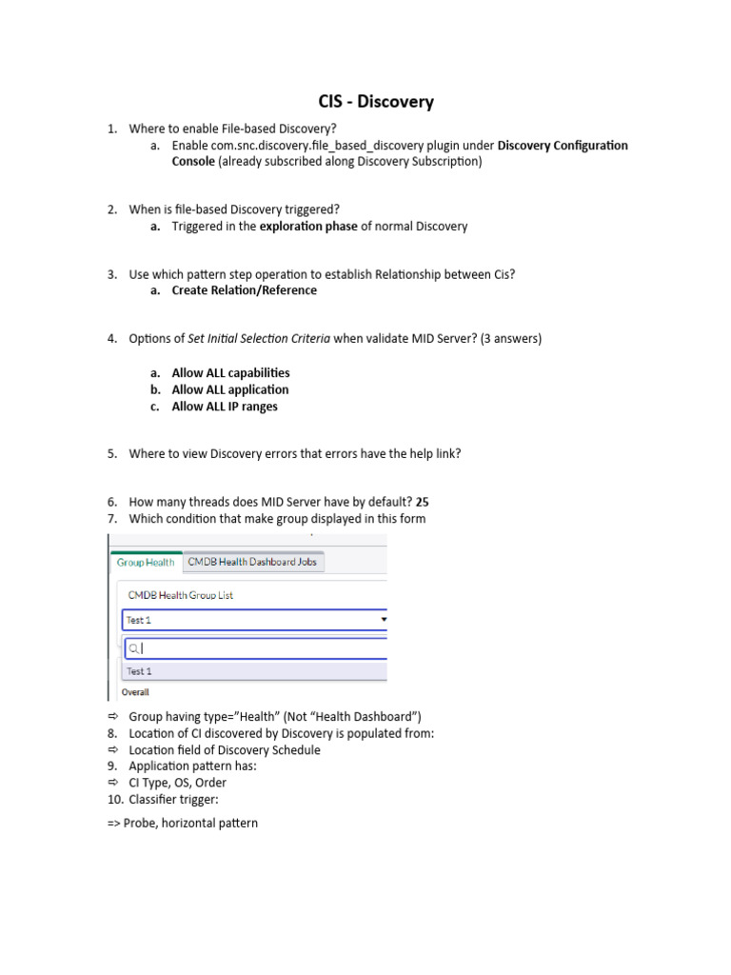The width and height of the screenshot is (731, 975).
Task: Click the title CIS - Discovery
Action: coord(375,101)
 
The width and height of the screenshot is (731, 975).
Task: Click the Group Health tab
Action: coord(146,562)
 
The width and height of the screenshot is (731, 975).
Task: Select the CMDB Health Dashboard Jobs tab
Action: coord(252,562)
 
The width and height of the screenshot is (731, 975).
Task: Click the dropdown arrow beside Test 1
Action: coord(384,619)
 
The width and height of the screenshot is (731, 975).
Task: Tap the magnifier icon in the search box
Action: coord(134,648)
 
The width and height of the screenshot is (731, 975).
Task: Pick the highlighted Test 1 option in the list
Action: coord(139,671)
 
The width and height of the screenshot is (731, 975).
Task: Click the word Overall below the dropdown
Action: coord(134,692)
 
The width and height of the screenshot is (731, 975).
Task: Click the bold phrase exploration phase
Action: coord(308,227)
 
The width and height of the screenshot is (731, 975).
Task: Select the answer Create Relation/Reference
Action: coord(244,290)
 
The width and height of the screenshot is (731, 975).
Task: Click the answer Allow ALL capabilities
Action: coord(230,373)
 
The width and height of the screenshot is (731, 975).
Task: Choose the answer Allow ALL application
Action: coord(229,389)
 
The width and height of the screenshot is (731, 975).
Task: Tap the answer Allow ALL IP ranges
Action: coord(225,407)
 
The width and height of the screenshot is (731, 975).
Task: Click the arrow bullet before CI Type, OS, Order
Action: coord(111,783)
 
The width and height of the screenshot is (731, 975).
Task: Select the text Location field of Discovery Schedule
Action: coord(225,750)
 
